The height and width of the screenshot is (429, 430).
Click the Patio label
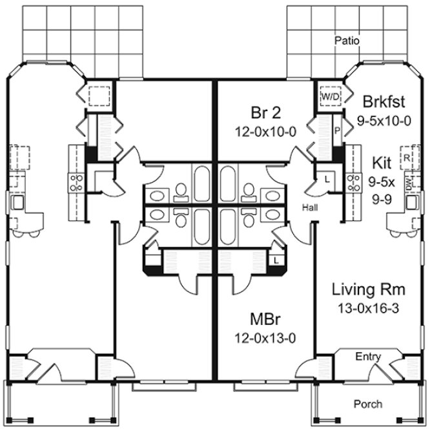(347, 41)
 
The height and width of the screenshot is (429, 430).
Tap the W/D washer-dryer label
(330, 96)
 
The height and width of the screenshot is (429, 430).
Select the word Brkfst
(383, 102)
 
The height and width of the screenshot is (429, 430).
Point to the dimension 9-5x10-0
(384, 120)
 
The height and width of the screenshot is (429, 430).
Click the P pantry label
(336, 129)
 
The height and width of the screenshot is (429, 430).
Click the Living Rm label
(365, 289)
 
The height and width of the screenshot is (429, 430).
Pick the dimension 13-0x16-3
(365, 308)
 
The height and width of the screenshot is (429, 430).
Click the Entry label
(368, 357)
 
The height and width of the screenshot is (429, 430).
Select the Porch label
(369, 404)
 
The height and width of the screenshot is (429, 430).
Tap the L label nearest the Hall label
(327, 178)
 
